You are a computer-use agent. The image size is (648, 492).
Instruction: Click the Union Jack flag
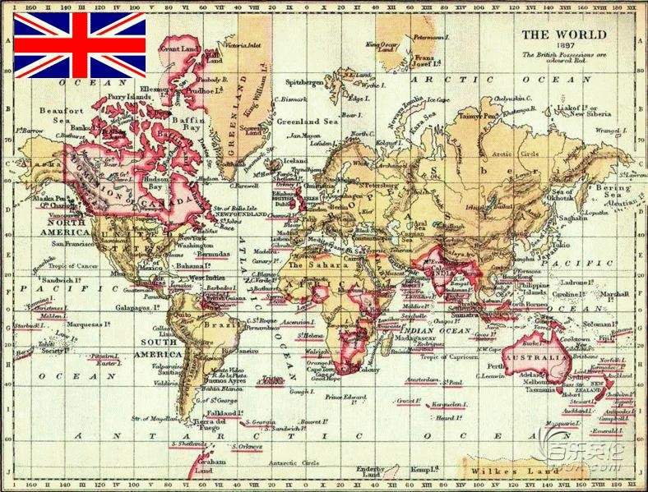(80, 45)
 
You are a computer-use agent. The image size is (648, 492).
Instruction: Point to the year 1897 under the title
(565, 46)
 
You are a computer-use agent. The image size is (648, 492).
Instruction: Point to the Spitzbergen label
(303, 83)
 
